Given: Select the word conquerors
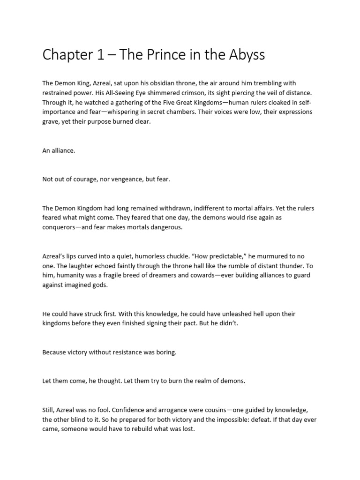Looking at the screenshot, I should (61, 227).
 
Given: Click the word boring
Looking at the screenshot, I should (164, 352).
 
